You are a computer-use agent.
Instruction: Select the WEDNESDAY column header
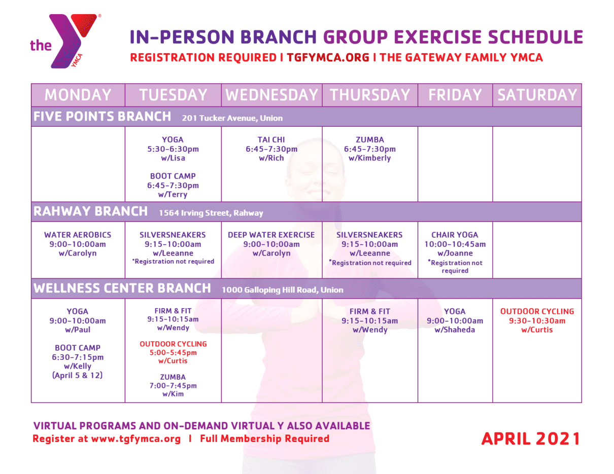pos(271,95)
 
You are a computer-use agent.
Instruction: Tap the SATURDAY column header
pos(537,95)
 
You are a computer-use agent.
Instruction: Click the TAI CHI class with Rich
pos(271,149)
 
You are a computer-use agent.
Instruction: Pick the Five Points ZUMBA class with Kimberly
pos(370,149)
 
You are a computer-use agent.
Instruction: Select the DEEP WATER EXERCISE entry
pos(271,244)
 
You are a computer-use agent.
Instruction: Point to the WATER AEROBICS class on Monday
pos(78,244)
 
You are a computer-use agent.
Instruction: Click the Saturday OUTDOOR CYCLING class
pos(537,320)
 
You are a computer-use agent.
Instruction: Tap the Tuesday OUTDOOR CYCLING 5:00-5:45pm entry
pos(173,352)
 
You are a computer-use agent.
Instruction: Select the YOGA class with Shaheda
pos(455,320)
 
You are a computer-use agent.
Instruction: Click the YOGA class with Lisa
pos(173,149)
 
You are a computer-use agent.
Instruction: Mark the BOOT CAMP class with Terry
pos(173,186)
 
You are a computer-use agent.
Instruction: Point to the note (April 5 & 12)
pos(78,376)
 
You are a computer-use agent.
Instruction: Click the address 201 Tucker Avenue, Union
pos(232,118)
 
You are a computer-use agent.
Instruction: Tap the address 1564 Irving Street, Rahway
pos(211,213)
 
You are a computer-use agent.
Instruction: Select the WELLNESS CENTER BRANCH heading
pos(122,288)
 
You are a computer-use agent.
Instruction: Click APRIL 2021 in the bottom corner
pos(530,439)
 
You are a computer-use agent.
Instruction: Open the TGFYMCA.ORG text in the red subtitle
pos(328,58)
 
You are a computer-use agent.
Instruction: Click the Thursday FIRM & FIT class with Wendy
pos(370,320)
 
